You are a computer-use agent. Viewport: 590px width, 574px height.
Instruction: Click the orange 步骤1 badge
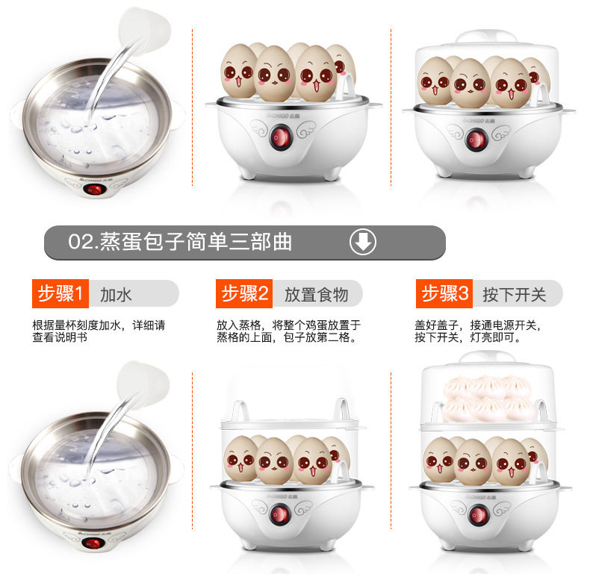(60, 293)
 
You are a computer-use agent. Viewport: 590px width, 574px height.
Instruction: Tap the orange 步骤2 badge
(243, 293)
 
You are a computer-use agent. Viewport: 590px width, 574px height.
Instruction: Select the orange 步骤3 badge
(444, 293)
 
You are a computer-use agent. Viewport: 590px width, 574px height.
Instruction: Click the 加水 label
(116, 295)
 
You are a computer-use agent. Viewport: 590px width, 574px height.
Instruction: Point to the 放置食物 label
(316, 295)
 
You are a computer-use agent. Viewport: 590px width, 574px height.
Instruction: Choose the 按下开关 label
(515, 295)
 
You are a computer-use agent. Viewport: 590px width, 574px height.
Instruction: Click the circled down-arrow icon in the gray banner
(363, 242)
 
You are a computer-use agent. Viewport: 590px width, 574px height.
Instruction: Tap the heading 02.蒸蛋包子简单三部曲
(180, 242)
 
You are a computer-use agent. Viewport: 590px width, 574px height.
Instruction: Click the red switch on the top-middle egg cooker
(280, 137)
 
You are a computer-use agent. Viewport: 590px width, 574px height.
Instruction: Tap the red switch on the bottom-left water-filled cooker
(93, 543)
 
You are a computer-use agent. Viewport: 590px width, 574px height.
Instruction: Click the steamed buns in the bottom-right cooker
(489, 398)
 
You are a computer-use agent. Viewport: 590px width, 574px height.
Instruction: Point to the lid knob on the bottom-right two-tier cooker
(488, 357)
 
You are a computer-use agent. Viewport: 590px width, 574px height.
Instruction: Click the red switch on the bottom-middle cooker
(279, 514)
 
